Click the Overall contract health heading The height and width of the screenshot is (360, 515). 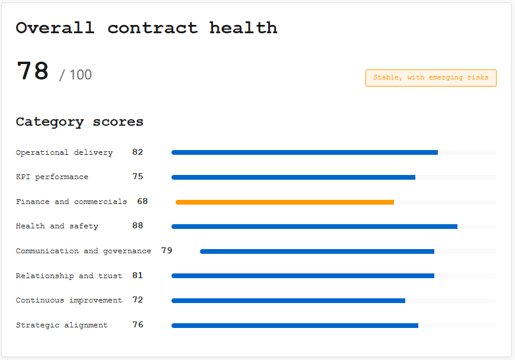coord(147,28)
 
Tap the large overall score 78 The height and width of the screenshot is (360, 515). coord(33,71)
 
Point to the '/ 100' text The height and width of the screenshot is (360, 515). coord(75,75)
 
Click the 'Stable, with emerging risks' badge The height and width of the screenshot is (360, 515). coord(431,78)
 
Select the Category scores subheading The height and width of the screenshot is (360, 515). coord(80,122)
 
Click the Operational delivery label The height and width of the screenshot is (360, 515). coord(64,152)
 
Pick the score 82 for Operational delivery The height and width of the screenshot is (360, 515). coord(138,152)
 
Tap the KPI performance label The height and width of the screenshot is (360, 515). coord(52,177)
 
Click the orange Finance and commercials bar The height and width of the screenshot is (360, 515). coord(285,202)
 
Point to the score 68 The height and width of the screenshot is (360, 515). coord(142,202)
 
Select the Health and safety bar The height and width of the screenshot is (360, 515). coord(314,227)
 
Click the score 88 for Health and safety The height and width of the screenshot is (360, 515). coord(138,226)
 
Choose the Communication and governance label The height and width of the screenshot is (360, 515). coord(84,251)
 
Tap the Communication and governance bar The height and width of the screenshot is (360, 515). coord(317,251)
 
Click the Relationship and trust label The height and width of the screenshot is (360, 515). coord(69,276)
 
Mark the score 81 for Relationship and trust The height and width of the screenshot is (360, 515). coord(138,276)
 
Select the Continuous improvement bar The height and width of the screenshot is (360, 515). coord(288,301)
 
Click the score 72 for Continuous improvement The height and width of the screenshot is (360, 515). coord(138,300)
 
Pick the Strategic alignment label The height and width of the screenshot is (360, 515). coord(62,325)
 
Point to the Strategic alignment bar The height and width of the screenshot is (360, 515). coord(295,326)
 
